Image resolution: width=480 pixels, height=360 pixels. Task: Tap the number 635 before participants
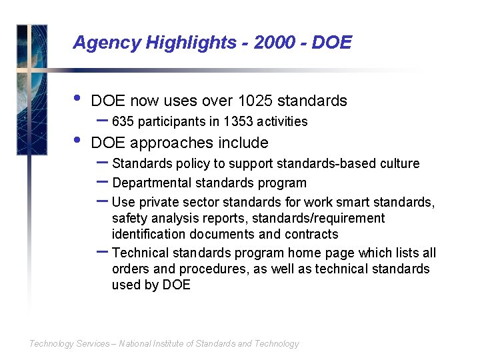pyautogui.click(x=122, y=121)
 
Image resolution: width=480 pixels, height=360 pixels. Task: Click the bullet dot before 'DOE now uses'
pyautogui.click(x=77, y=99)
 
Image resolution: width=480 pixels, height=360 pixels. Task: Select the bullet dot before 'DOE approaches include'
pyautogui.click(x=77, y=141)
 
